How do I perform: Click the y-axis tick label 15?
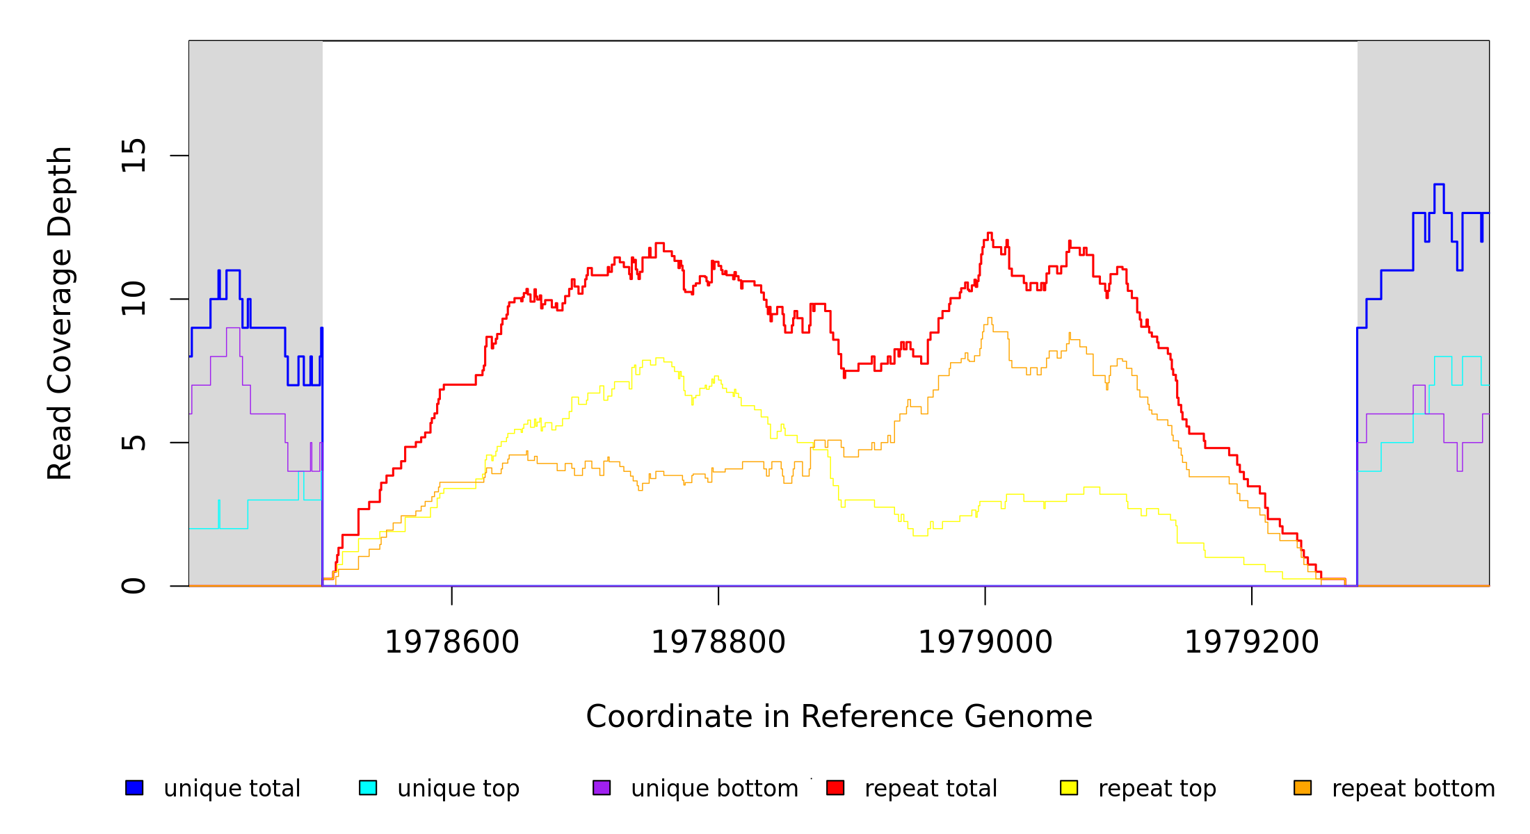[134, 155]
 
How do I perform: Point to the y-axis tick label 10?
[134, 299]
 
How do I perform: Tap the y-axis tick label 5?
[134, 443]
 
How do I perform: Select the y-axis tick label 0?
[134, 586]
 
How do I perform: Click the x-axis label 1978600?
[452, 643]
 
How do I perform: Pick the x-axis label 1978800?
[718, 643]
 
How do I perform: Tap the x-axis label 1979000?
[985, 643]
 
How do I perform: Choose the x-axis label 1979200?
[1252, 643]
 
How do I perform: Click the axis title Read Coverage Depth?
[60, 313]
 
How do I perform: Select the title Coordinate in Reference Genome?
[839, 717]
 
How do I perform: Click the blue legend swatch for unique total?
[134, 788]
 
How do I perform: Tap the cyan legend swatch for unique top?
[368, 788]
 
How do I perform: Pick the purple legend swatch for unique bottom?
[602, 788]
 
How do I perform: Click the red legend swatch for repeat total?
[835, 788]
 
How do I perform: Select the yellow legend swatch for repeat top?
[1069, 788]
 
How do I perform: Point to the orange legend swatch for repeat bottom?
[1303, 788]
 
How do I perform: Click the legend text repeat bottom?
[1413, 789]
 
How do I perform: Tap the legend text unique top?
[458, 789]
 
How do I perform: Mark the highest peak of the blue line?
[1439, 185]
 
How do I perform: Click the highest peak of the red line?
[990, 234]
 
